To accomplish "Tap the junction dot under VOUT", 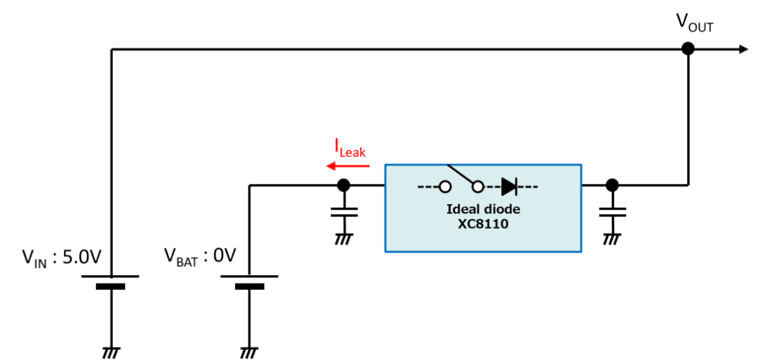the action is point(687,48).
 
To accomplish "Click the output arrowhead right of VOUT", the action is point(743,49).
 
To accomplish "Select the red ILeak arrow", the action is point(348,166).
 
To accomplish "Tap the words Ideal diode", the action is point(483,211).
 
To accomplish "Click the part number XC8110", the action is point(483,225).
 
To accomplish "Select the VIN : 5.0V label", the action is point(61,258).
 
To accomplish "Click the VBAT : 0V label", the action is point(200,255).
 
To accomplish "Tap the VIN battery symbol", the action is point(111,282).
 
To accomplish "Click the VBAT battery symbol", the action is point(249,282).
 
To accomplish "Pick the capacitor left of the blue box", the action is point(344,212).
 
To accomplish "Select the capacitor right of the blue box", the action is point(612,212).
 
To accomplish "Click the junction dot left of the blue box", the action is point(344,185).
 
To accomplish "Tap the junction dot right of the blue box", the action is point(612,185).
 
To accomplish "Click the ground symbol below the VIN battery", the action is point(111,352).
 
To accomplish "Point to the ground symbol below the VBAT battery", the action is point(249,352).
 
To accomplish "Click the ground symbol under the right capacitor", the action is point(612,239).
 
